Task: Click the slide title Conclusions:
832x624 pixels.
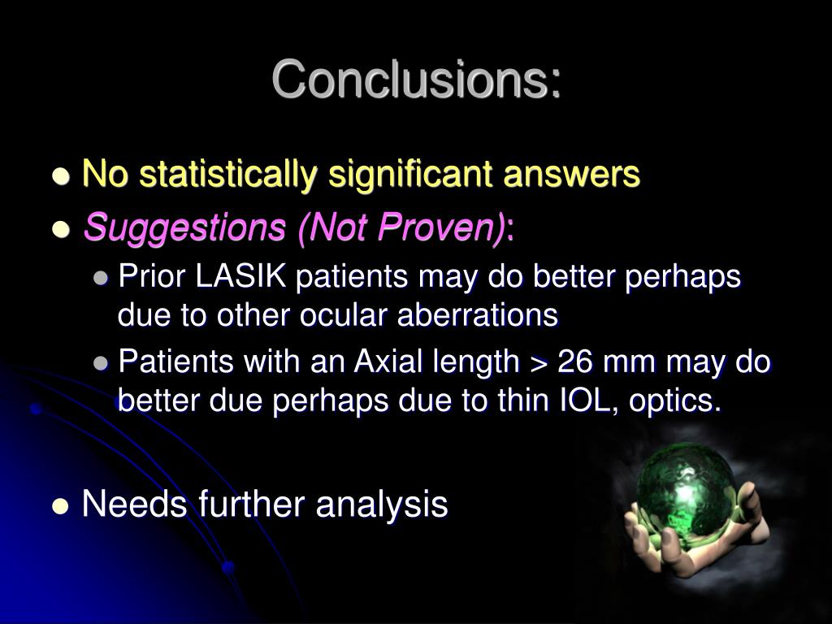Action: point(416,80)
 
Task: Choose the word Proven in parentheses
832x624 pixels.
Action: point(451,229)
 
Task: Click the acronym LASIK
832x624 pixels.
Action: point(241,277)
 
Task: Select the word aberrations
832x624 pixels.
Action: point(477,315)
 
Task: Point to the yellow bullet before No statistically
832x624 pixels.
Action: point(59,176)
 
